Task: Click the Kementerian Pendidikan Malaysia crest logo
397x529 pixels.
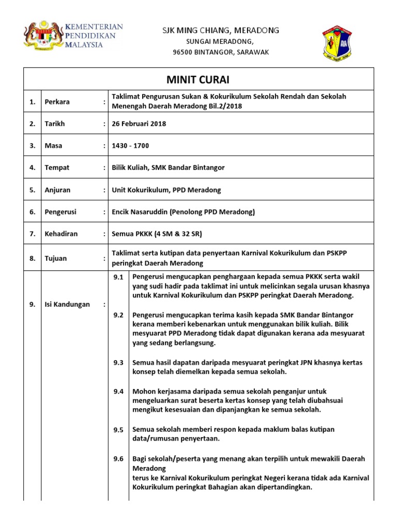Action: pyautogui.click(x=41, y=37)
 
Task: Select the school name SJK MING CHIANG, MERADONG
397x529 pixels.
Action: pyautogui.click(x=221, y=30)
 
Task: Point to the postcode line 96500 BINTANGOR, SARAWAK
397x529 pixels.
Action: pyautogui.click(x=221, y=53)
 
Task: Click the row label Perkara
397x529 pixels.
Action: pyautogui.click(x=56, y=102)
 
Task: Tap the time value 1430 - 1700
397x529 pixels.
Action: pyautogui.click(x=130, y=146)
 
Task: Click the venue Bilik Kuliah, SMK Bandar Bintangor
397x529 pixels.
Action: pyautogui.click(x=168, y=168)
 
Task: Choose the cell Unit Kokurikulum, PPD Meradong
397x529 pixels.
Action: pyautogui.click(x=166, y=190)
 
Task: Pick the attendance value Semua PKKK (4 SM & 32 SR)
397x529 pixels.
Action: pyautogui.click(x=157, y=234)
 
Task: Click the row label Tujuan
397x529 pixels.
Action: pyautogui.click(x=56, y=258)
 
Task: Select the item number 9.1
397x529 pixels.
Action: pyautogui.click(x=118, y=277)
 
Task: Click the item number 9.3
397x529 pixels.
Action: pyautogui.click(x=118, y=363)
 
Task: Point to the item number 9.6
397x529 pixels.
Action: pyautogui.click(x=118, y=459)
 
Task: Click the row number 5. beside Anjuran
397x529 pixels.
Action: pyautogui.click(x=32, y=190)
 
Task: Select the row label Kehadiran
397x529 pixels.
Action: pyautogui.click(x=61, y=234)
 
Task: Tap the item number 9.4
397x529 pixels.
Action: pyautogui.click(x=118, y=392)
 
